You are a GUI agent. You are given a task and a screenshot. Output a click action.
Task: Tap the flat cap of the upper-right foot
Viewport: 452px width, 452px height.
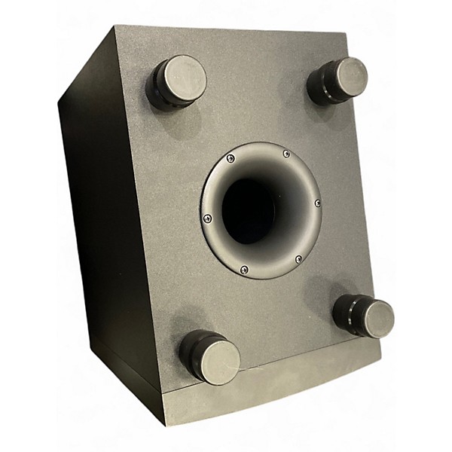point(352,77)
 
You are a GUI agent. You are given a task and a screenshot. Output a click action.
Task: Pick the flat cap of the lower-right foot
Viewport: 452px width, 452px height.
point(374,318)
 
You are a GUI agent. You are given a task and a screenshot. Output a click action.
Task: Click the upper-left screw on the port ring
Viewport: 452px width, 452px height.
point(231,158)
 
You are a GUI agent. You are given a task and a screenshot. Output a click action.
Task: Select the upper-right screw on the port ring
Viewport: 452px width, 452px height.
point(286,154)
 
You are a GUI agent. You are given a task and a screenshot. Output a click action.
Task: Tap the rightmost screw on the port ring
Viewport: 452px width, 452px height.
point(317,203)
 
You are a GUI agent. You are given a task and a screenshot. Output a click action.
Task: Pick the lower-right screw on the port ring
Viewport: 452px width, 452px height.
point(298,259)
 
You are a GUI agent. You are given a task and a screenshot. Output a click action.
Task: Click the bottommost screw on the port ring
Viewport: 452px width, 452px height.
point(243,270)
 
